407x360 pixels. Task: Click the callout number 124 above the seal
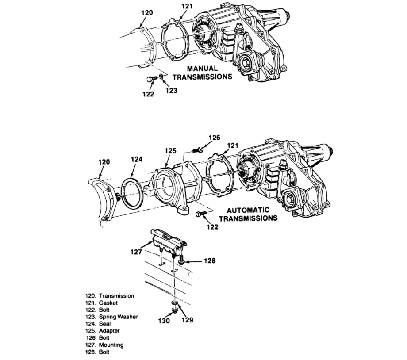pos(136,159)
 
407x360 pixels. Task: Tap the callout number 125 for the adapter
pos(171,151)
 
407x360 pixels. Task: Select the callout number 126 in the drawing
pos(214,138)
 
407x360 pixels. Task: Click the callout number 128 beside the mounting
pos(209,261)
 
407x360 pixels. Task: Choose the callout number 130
pos(164,321)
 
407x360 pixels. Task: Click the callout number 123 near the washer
pos(171,91)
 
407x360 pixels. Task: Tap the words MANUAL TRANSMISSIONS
pos(202,73)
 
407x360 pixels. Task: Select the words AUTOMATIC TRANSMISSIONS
pos(249,214)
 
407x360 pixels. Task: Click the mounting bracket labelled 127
pos(168,241)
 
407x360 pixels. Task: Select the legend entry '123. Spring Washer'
pos(111,317)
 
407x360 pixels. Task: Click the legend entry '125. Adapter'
pos(104,331)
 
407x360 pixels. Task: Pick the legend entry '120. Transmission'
pos(110,295)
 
